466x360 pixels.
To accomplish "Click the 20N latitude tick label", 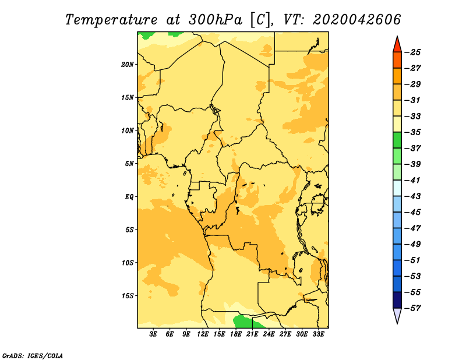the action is coord(127,65).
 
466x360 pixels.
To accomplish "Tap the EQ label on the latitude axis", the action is coord(129,197).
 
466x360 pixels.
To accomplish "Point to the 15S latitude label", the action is coord(127,296).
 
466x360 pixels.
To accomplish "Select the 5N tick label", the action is coord(129,164).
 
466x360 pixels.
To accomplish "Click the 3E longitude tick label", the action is coord(153,334).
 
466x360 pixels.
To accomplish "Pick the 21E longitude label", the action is coord(252,334).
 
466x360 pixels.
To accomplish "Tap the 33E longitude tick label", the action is coord(318,334).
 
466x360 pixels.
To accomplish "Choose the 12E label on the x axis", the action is coord(203,334).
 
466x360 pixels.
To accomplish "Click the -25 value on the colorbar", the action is coord(413,52).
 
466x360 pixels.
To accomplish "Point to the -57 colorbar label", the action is coord(413,308).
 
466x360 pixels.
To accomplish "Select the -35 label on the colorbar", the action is coord(413,132).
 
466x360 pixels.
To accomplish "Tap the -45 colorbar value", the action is coord(413,212).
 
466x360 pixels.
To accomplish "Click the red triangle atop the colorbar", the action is coord(397,45).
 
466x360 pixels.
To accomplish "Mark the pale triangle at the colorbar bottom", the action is coord(397,315).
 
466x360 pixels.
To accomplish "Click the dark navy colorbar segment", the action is coord(397,300).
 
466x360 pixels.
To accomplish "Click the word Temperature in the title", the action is coord(111,20).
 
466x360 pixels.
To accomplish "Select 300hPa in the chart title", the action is coord(215,20).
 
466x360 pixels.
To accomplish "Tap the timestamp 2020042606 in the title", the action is coord(356,20).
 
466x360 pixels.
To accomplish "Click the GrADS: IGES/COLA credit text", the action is coord(33,355).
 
